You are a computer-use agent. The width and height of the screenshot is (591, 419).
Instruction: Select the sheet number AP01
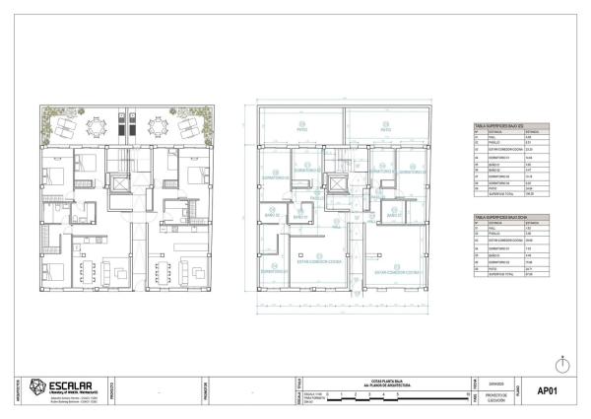tap(547, 389)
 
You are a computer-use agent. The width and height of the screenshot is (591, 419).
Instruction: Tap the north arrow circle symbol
tap(560, 365)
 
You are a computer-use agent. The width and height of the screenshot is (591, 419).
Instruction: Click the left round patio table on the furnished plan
tap(96, 124)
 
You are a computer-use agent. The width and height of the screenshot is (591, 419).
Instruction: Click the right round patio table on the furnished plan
tap(157, 125)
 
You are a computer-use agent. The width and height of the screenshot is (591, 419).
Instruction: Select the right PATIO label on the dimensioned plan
tap(385, 129)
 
